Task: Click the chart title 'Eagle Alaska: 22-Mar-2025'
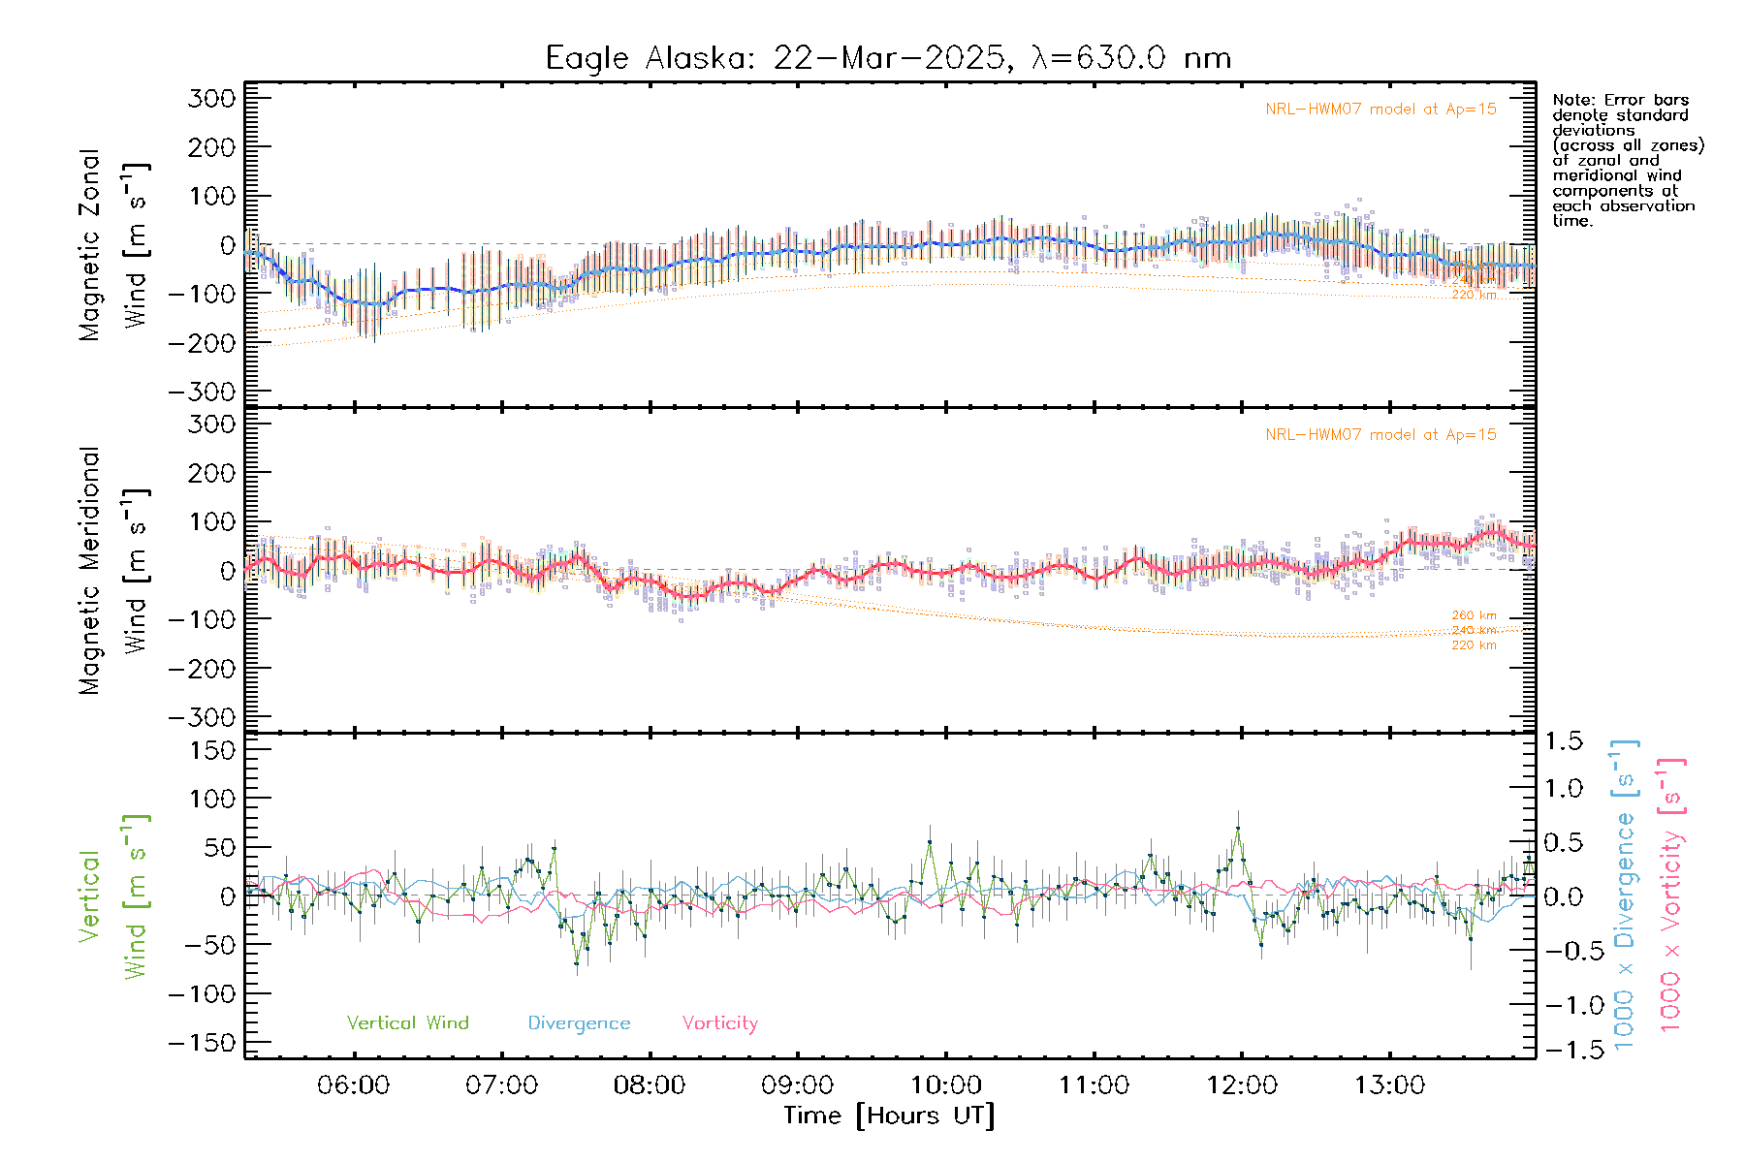point(887,58)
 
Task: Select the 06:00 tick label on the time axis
point(353,1085)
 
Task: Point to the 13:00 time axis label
point(1389,1085)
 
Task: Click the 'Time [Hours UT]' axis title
point(889,1116)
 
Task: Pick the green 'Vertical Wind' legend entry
point(407,1022)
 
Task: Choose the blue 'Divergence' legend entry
point(579,1022)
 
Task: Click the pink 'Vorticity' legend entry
point(719,1022)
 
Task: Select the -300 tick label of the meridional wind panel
point(203,717)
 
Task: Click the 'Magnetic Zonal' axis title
point(90,244)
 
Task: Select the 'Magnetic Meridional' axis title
point(90,570)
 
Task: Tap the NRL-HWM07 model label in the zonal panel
point(1380,110)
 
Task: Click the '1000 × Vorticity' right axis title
point(1671,896)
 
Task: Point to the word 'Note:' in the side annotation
point(1573,100)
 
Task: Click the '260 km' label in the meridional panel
point(1474,615)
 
